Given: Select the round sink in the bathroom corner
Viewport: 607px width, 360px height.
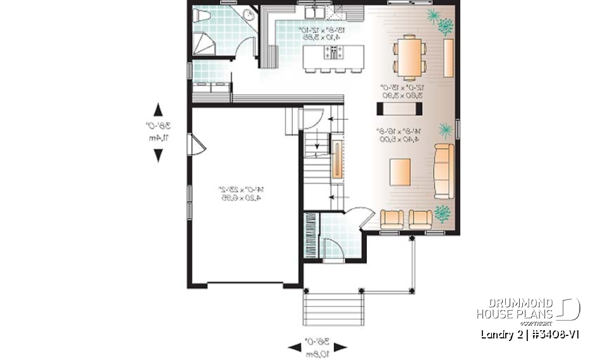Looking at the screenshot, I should (x=248, y=15).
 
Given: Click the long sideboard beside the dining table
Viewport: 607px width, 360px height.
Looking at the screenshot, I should (x=448, y=58).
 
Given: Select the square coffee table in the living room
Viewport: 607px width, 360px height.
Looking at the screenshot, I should (x=400, y=171).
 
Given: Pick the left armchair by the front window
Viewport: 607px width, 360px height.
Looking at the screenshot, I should (x=392, y=219).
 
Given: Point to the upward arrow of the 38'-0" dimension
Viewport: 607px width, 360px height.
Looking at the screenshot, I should (x=158, y=109).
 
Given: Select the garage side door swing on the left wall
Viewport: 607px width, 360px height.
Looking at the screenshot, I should (x=197, y=145).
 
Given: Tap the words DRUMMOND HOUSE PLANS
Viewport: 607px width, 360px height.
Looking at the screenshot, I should (x=515, y=308).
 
